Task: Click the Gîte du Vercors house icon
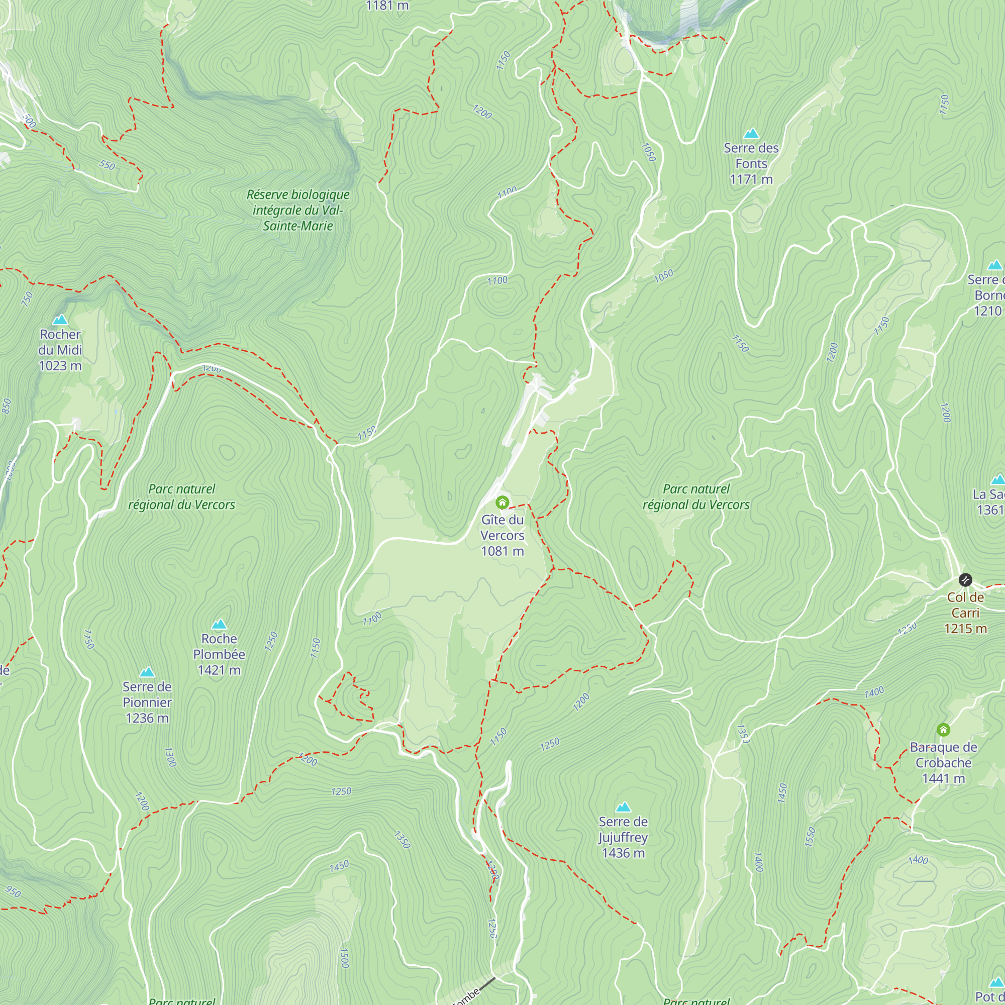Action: coord(502,502)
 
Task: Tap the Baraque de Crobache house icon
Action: coord(943,730)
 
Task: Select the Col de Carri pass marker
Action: coord(965,579)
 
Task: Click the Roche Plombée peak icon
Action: coord(219,624)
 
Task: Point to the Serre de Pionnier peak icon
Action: coord(147,671)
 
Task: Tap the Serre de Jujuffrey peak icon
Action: coord(623,807)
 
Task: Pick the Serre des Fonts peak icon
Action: coord(751,133)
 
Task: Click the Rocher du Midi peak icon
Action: coord(60,320)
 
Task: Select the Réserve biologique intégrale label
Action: coord(297,210)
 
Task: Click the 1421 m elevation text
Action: coord(219,670)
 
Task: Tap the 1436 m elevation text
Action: coord(623,853)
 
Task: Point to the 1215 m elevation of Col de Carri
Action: coord(965,629)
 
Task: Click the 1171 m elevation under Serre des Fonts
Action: coord(751,179)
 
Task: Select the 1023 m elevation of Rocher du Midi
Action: coord(60,366)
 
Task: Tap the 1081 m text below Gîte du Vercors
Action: coord(502,551)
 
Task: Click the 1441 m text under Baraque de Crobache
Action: coord(943,778)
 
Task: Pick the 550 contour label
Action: coord(107,165)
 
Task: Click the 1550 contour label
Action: coord(810,837)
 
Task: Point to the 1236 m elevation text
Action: coord(147,718)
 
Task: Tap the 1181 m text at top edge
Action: coord(387,6)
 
